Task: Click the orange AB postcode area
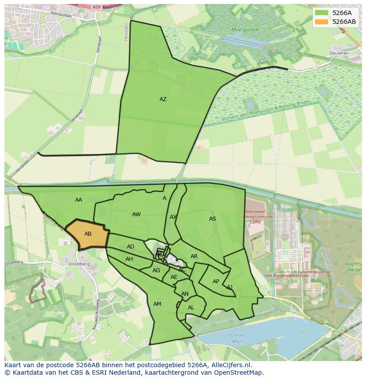88,234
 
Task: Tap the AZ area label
163,99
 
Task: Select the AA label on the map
79,200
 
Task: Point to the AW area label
136,214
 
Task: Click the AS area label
213,219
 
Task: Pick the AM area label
157,304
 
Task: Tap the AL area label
191,308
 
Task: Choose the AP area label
216,282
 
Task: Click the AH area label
129,259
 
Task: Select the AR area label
194,256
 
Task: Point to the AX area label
173,217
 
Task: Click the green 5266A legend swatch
322,13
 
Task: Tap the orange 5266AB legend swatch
322,22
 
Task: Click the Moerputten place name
244,30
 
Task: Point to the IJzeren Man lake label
237,339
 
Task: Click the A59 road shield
97,7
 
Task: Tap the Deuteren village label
339,53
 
